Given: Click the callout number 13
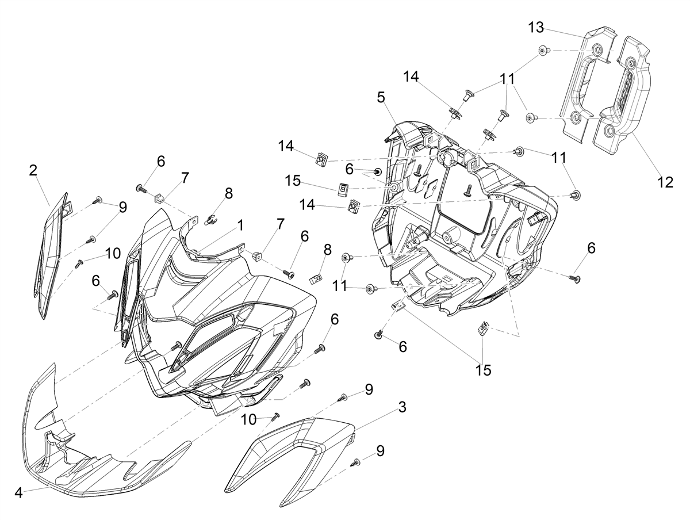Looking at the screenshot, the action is pos(536,28).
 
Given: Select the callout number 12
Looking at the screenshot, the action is pos(665,182).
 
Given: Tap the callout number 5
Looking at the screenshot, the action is pos(381,97).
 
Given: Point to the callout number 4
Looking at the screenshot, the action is pos(19,492).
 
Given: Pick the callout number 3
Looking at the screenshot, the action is pos(402,407).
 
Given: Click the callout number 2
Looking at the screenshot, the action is pos(33,170).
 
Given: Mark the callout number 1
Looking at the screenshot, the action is pos(240,225).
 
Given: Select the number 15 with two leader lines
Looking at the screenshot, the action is pos(483,370).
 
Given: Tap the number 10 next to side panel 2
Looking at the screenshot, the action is pos(113,254).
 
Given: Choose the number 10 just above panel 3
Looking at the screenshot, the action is pos(249,420).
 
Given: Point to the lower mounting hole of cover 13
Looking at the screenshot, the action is pos(576,117).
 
